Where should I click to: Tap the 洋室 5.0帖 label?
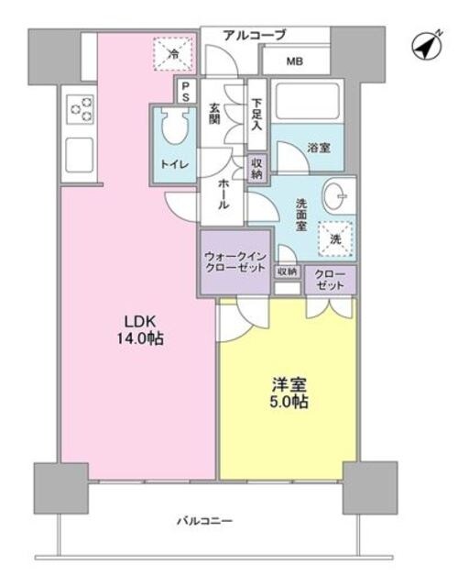[x=287, y=393]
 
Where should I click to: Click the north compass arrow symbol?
[x=425, y=46]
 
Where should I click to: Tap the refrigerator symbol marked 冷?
[x=173, y=53]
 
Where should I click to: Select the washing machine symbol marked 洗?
[x=332, y=237]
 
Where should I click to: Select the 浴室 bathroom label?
[x=320, y=146]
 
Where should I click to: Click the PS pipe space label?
[x=184, y=92]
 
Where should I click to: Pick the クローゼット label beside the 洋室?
[x=331, y=279]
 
